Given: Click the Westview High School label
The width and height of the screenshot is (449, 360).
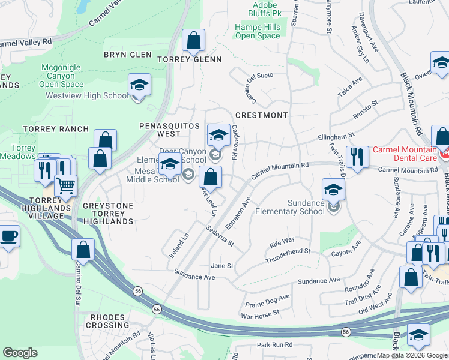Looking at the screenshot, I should (x=87, y=95).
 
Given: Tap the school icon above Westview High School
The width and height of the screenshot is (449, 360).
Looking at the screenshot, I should (x=139, y=85).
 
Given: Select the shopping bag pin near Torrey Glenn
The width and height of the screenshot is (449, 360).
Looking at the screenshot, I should (x=193, y=41).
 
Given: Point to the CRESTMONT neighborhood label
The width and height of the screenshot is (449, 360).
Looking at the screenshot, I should (x=262, y=115).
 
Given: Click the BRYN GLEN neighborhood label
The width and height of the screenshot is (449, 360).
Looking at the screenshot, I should (x=128, y=55).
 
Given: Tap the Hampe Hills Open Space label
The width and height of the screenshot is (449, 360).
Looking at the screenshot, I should (x=258, y=31).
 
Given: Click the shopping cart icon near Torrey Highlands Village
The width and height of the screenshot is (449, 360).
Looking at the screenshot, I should (x=65, y=186).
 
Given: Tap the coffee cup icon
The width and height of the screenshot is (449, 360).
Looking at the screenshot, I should (x=8, y=235).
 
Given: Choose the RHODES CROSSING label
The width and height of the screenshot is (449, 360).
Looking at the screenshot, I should (x=108, y=321).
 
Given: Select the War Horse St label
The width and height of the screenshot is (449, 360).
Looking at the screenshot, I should (x=260, y=313).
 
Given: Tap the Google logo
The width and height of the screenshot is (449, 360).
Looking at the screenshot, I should (x=20, y=353).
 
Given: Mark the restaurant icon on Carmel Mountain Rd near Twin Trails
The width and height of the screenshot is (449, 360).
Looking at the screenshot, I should (x=357, y=157).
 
